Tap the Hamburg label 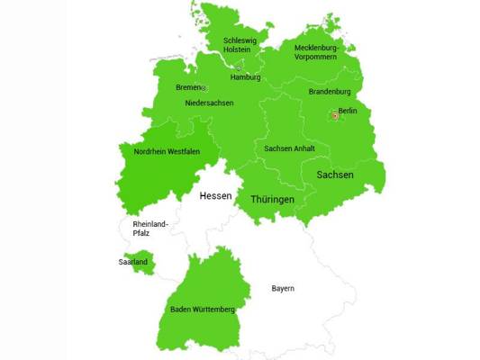click(245, 77)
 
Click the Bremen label click(187, 87)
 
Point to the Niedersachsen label click(209, 103)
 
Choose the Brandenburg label click(330, 92)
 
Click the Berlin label click(348, 111)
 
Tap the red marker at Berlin click(334, 115)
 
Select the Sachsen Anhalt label click(289, 148)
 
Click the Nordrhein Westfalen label click(167, 152)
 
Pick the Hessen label click(215, 195)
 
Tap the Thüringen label click(272, 198)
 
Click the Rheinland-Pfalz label click(149, 228)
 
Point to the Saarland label click(132, 262)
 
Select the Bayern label click(284, 289)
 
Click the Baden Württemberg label click(203, 310)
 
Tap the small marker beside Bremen click(204, 88)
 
